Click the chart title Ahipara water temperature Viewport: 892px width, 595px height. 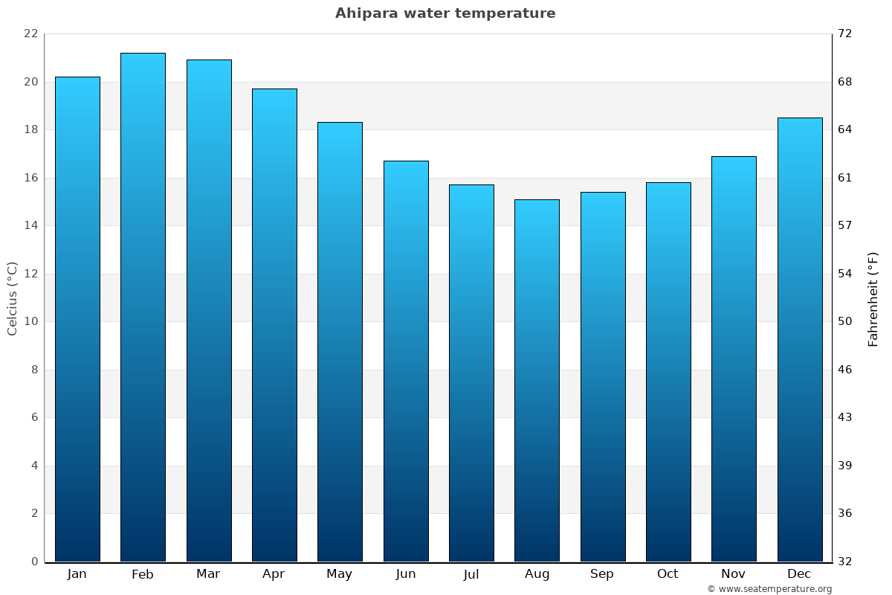[x=445, y=13]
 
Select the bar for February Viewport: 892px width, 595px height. [x=143, y=307]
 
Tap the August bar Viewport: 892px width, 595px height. [x=537, y=380]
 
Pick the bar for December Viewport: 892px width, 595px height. [x=800, y=339]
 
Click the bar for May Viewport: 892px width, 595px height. [x=340, y=341]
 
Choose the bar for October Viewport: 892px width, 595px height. [x=668, y=372]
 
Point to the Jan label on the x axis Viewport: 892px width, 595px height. [x=77, y=574]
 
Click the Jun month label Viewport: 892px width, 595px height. [x=406, y=574]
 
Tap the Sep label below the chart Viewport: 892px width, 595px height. [x=602, y=574]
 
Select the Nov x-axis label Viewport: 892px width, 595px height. [x=734, y=574]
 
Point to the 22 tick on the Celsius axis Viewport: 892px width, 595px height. [x=30, y=34]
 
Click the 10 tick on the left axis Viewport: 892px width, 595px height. [x=30, y=322]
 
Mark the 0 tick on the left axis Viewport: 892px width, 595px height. [x=34, y=562]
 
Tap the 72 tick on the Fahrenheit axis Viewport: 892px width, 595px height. [x=845, y=34]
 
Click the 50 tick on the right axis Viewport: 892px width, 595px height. [x=845, y=322]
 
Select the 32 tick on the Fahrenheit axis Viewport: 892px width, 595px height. [x=845, y=562]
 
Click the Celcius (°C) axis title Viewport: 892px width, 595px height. [x=12, y=298]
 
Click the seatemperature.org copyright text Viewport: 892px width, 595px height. [x=769, y=589]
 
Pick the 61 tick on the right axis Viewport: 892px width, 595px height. [x=845, y=178]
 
